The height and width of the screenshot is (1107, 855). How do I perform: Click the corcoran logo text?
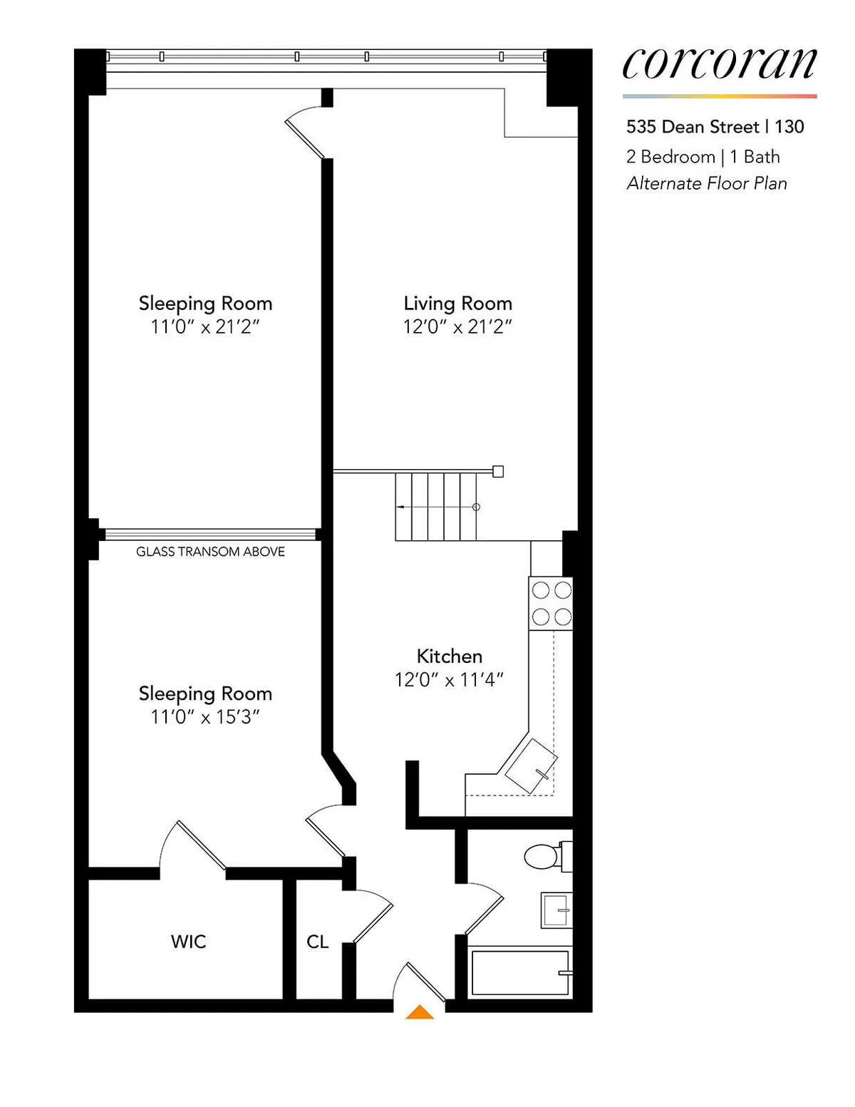coord(719,64)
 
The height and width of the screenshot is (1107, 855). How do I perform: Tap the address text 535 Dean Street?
coord(693,127)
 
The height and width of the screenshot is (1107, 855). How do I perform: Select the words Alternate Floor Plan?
coord(707,183)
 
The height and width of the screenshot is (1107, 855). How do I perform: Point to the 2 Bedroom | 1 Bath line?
coord(703,157)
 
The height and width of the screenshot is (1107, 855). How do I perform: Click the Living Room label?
coord(457,304)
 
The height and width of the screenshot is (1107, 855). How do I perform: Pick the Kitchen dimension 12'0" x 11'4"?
coord(449,680)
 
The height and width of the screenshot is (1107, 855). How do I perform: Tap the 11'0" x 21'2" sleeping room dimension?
coord(205,327)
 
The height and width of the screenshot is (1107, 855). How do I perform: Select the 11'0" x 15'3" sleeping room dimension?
coord(205,717)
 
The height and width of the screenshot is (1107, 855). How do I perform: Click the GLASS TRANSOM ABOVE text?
coord(210,552)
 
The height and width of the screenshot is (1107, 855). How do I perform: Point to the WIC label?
coord(189,942)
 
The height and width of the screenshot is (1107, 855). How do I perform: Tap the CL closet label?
coord(317,942)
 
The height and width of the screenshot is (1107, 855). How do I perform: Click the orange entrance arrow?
coord(420,1012)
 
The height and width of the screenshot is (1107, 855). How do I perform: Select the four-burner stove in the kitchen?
coord(551,603)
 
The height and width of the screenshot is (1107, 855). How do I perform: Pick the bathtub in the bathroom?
coord(521,972)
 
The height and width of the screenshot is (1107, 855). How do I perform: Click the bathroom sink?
coord(556,910)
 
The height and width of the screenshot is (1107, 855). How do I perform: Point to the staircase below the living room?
coord(436,507)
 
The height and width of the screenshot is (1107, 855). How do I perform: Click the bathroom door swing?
coord(484,905)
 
